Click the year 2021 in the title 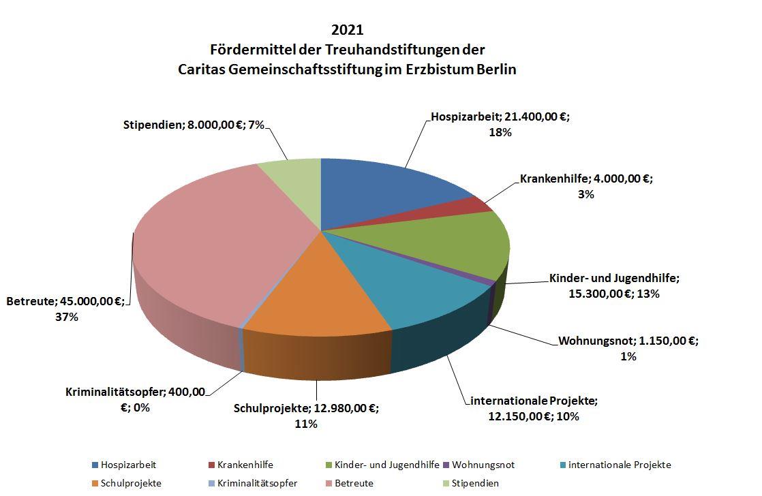click(347, 30)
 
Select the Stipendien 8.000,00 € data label click(193, 125)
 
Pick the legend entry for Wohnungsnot click(483, 465)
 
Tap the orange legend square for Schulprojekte click(95, 483)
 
